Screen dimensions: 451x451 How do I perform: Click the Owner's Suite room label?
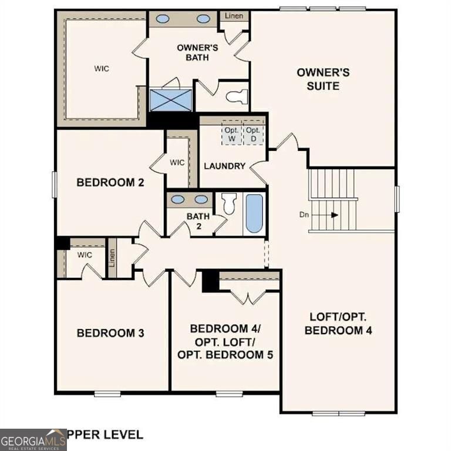point(323,79)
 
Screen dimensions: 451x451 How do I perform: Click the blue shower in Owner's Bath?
point(171,99)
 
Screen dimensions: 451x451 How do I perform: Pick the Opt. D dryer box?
point(253,134)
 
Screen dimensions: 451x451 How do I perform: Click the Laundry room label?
point(224,166)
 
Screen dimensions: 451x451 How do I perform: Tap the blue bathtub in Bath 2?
point(254,213)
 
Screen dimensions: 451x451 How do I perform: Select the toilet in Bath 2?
point(229,203)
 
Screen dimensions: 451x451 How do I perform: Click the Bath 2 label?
point(198,220)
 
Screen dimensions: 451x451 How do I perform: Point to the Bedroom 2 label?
point(110,183)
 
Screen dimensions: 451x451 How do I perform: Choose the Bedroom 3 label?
point(110,333)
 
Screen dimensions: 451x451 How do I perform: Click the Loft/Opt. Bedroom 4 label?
point(338,323)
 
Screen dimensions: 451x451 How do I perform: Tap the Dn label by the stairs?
point(304,215)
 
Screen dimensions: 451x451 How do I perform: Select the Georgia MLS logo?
point(33,439)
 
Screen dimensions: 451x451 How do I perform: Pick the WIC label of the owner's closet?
point(102,68)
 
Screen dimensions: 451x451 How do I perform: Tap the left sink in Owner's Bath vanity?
point(163,19)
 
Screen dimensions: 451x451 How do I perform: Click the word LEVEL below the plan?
point(123,435)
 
